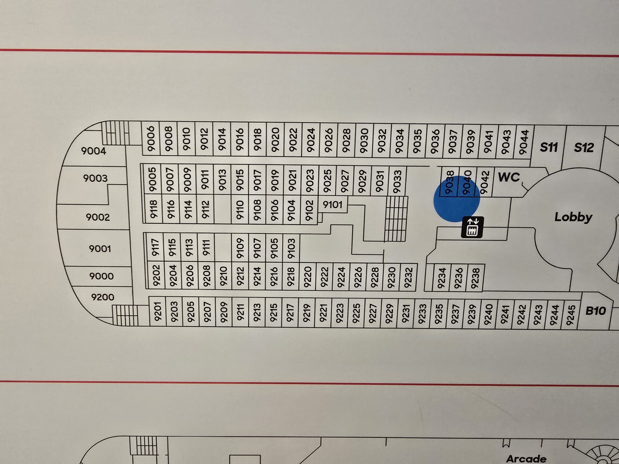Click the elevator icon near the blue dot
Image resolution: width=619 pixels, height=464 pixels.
pyautogui.click(x=472, y=227)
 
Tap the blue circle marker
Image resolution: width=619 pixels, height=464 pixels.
pyautogui.click(x=457, y=199)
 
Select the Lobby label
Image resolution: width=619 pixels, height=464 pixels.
pyautogui.click(x=573, y=217)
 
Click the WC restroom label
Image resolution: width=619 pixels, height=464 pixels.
pyautogui.click(x=509, y=177)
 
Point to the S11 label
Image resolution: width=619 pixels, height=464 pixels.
pyautogui.click(x=548, y=147)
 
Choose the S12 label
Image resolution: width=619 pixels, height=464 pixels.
pyautogui.click(x=584, y=147)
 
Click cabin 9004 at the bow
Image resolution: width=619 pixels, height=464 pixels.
pyautogui.click(x=94, y=151)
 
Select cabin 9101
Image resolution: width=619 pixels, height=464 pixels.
pyautogui.click(x=332, y=205)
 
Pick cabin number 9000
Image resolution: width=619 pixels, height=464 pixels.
pyautogui.click(x=101, y=276)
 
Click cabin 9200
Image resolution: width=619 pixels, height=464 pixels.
pyautogui.click(x=103, y=297)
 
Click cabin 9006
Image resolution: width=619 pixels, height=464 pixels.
pyautogui.click(x=151, y=139)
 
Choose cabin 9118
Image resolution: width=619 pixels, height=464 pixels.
pyautogui.click(x=153, y=209)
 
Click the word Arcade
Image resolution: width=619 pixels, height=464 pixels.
pyautogui.click(x=526, y=459)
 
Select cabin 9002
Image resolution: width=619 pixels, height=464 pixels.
pyautogui.click(x=98, y=217)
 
